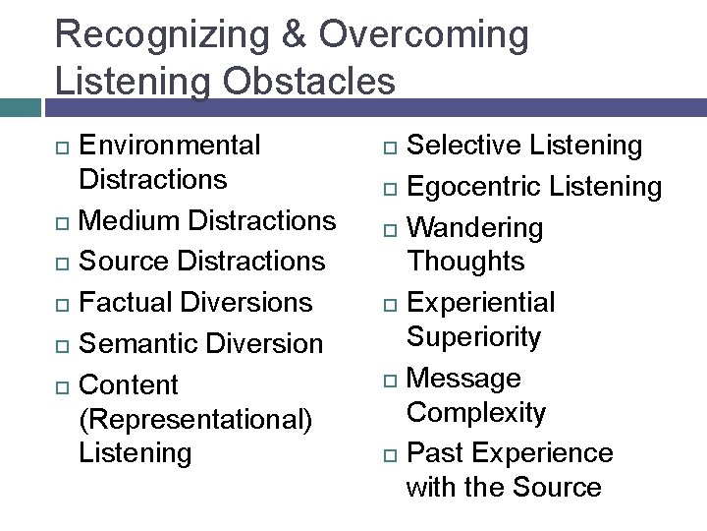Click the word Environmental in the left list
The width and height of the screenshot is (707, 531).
[170, 146]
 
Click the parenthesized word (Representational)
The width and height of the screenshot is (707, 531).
[195, 419]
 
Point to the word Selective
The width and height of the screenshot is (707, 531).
[464, 146]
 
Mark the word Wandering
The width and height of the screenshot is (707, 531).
[474, 228]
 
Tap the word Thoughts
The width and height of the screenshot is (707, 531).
[465, 262]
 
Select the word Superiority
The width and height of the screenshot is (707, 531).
[473, 337]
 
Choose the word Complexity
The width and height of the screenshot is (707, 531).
[476, 412]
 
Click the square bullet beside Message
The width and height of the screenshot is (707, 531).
[390, 380]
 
